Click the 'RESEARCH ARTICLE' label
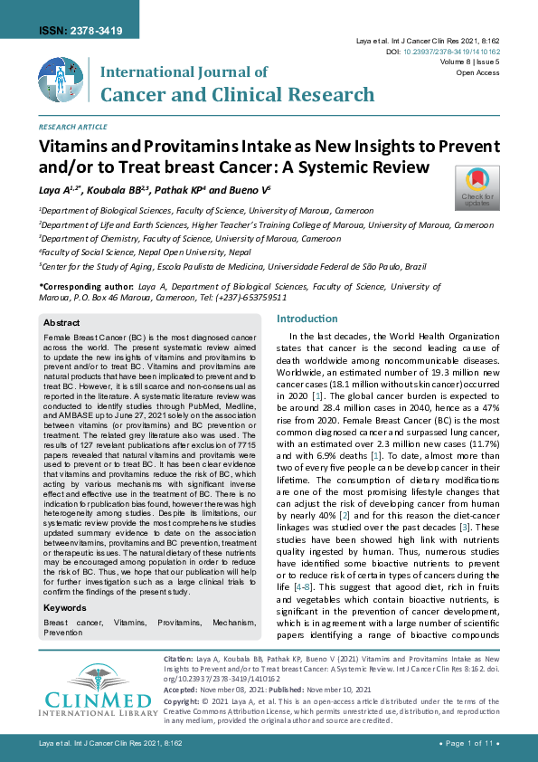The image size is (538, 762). [x=72, y=128]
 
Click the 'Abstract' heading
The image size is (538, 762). [x=61, y=322]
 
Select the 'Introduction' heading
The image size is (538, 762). [x=307, y=319]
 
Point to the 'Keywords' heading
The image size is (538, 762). [x=65, y=608]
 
